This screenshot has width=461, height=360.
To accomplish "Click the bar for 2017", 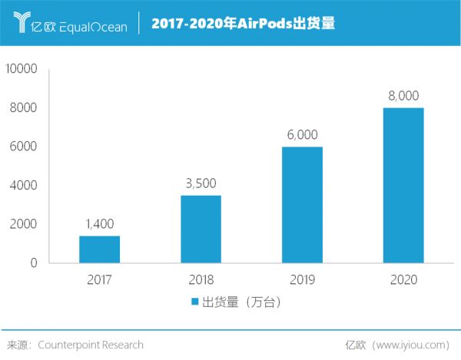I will (99, 249).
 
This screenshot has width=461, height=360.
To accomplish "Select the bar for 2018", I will (201, 230).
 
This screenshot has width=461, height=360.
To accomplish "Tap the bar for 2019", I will (302, 205).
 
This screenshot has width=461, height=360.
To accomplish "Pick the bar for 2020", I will (403, 185).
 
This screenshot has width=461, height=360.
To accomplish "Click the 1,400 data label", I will (99, 223).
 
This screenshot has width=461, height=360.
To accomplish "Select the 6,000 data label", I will (302, 134).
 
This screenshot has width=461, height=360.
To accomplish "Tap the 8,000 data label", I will (403, 95).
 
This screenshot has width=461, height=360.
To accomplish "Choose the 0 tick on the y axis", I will (34, 263).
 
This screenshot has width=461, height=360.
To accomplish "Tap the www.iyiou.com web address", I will (415, 345).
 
